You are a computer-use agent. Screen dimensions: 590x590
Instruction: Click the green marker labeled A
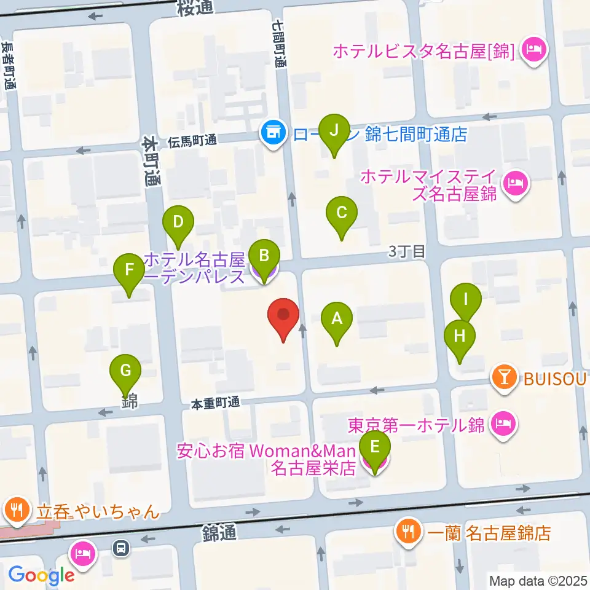coord(336,319)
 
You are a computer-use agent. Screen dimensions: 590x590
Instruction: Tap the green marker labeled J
coord(334,131)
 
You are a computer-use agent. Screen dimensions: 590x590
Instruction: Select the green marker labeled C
coord(342,213)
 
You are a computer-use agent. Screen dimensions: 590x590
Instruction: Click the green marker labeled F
coord(129,270)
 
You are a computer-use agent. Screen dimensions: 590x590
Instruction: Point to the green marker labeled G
coord(125,371)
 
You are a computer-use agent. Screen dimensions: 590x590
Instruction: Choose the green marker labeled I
coord(466,301)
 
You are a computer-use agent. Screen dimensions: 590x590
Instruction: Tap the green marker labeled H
coord(460,336)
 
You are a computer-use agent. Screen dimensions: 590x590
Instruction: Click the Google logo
coord(41,575)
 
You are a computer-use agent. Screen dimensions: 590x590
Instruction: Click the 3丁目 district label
coord(406,251)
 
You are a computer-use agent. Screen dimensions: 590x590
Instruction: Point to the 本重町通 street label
coord(214,403)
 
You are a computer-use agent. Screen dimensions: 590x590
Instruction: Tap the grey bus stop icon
coord(121,546)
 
